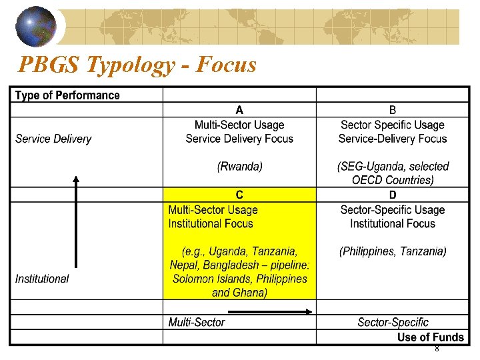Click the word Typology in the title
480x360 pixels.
[124, 65]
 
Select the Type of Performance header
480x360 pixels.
[67, 95]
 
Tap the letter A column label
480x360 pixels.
[239, 110]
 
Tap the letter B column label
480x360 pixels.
[393, 110]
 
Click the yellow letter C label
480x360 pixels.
[239, 195]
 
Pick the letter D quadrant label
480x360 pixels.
[393, 195]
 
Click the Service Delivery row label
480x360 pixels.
[53, 139]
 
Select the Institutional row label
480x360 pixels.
[42, 279]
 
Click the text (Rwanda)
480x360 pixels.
[239, 167]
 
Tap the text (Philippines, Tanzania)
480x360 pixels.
[393, 251]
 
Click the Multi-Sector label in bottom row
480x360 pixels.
[197, 323]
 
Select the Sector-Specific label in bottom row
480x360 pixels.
[393, 323]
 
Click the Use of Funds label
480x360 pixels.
[430, 337]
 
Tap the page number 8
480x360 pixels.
[437, 349]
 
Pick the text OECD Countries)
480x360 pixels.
[393, 180]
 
